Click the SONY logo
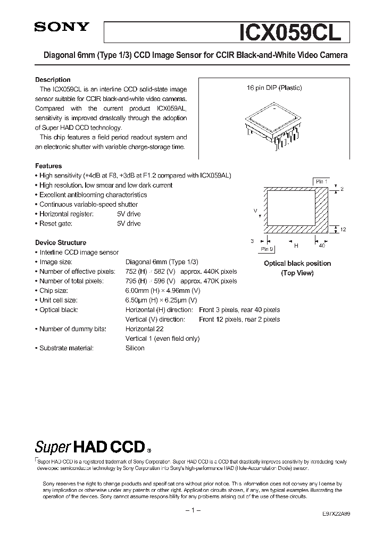62,28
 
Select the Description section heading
53,80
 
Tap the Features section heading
48,166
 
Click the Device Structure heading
61,242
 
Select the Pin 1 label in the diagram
322,182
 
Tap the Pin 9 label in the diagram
267,249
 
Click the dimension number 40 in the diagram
322,246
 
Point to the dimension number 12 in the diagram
343,229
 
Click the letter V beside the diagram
255,211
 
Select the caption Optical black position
297,263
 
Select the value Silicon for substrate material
135,348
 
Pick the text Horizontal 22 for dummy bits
144,329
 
